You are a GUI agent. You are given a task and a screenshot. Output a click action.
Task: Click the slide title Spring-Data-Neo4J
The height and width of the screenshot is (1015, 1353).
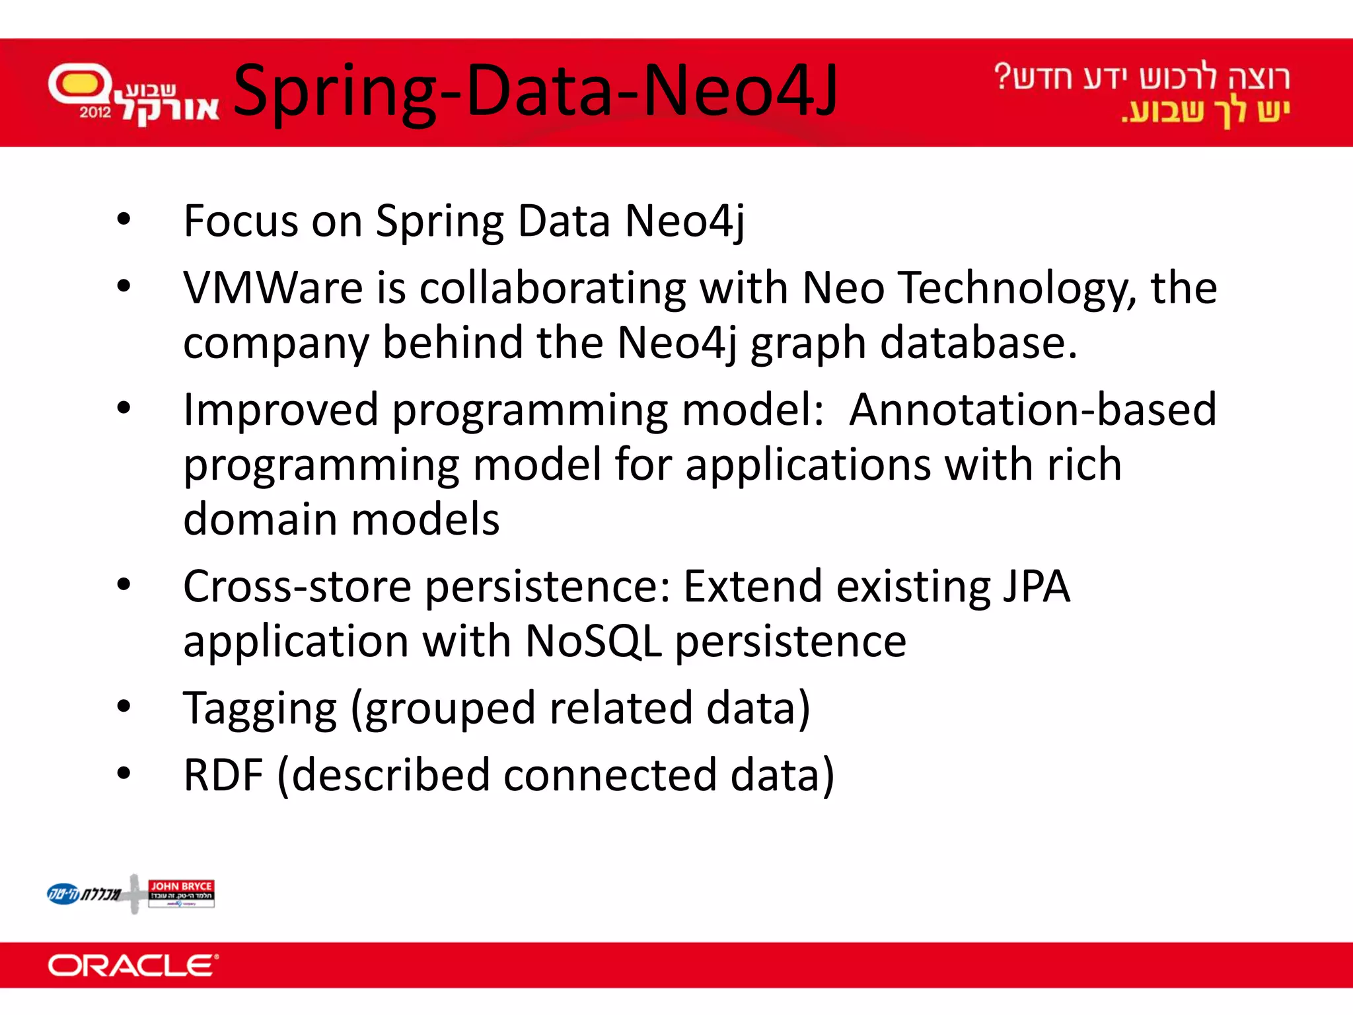[535, 91]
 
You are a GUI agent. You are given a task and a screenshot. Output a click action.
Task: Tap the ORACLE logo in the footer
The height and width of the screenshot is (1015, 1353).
[132, 965]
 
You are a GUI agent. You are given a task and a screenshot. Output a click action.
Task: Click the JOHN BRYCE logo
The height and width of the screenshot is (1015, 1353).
[181, 893]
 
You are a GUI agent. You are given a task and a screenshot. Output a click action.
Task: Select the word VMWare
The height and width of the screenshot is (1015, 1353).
[273, 289]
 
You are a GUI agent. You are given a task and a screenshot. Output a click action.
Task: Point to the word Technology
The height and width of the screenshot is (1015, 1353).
[1017, 289]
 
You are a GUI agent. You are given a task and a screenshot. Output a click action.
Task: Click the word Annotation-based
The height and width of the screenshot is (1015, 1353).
[1032, 410]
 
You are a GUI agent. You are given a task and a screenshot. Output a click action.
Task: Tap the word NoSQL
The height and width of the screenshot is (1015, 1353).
[593, 641]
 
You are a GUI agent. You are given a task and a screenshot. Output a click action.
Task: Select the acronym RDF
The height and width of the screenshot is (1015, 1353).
[223, 775]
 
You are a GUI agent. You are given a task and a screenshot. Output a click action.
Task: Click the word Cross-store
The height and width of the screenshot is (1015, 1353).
[297, 586]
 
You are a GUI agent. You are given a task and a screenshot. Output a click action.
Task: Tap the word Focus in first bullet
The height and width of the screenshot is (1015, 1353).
[240, 221]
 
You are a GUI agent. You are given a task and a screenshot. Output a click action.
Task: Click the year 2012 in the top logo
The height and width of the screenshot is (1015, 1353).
[95, 112]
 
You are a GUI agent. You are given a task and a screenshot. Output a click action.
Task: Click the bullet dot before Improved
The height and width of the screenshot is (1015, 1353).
[124, 408]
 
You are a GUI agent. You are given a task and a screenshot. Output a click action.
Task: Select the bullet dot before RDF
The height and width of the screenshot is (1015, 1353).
[124, 772]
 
